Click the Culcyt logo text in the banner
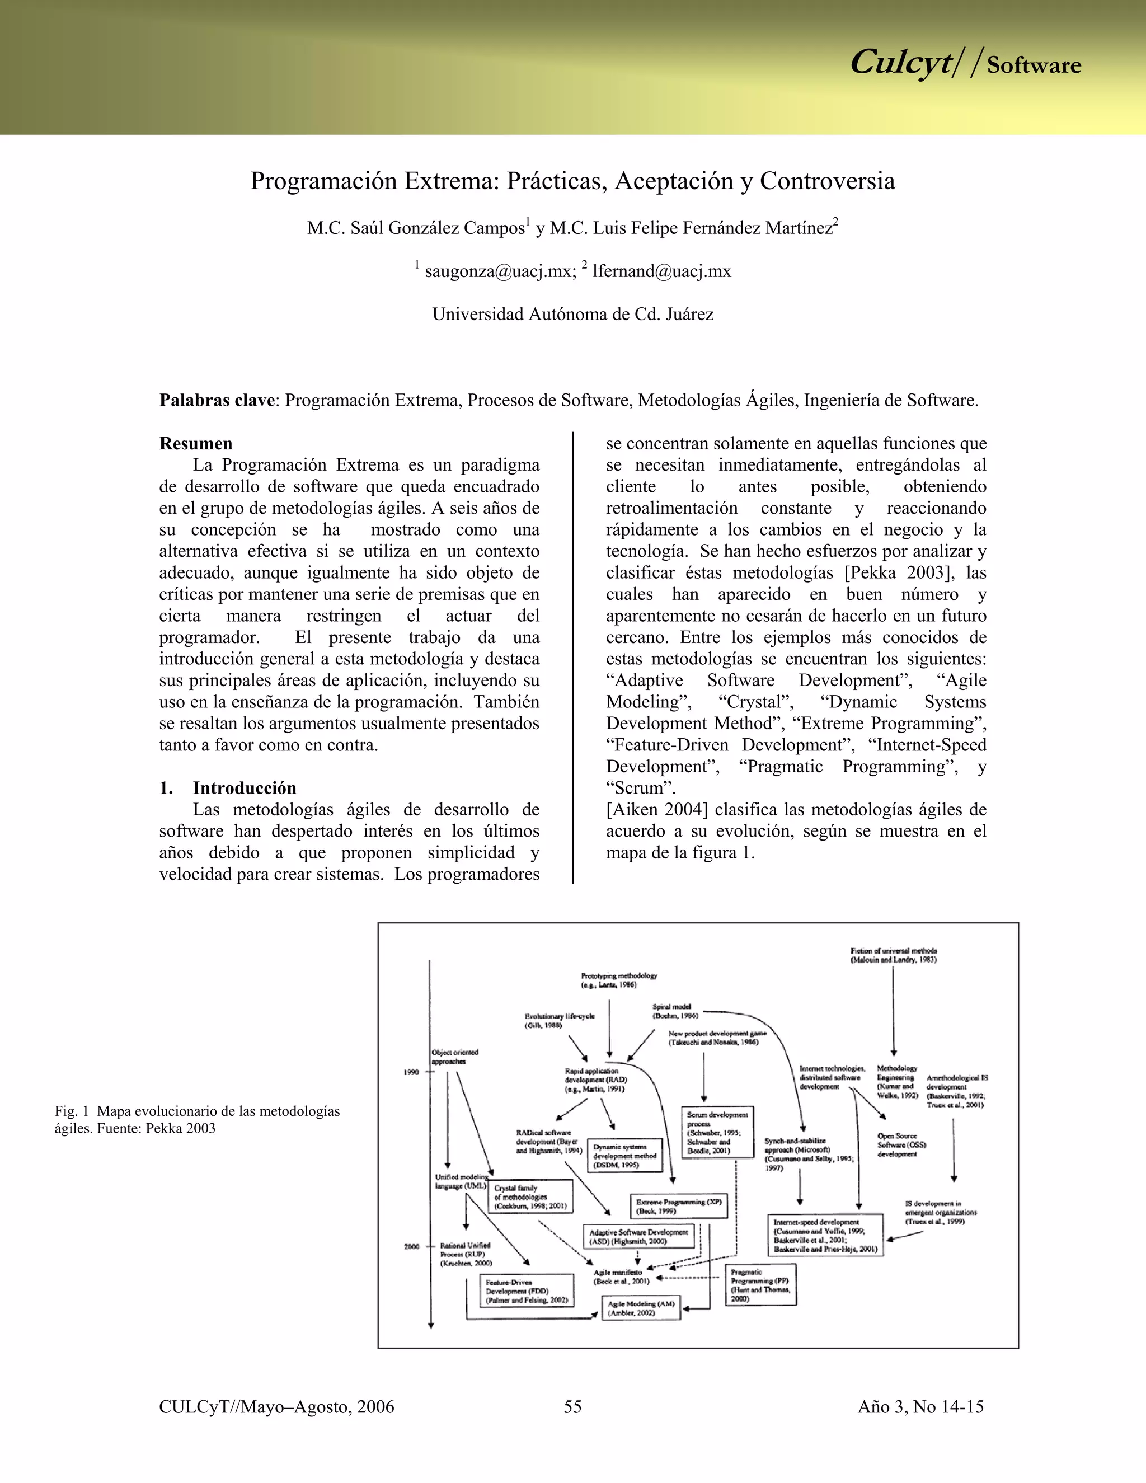pos(900,63)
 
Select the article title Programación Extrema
pos(572,181)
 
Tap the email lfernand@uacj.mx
pos(661,271)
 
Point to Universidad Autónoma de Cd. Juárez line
pos(572,314)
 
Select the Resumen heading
pos(195,443)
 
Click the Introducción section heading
pos(245,788)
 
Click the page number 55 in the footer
pos(572,1406)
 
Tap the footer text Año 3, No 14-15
pos(920,1406)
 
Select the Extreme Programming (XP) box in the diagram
pos(678,1206)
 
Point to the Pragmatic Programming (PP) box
pos(760,1285)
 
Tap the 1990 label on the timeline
pos(411,1072)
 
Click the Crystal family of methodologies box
pos(530,1197)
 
